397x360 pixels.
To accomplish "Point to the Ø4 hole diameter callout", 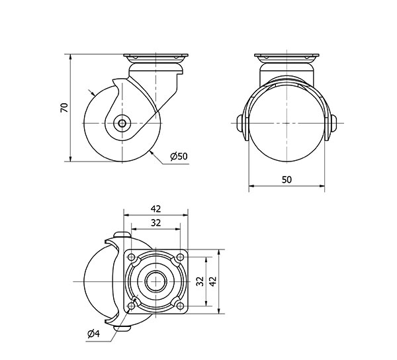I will point(93,333).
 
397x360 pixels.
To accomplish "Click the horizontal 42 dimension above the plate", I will point(156,208).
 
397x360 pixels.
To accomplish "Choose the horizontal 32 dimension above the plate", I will point(156,223).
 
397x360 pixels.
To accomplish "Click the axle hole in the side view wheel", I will point(122,123).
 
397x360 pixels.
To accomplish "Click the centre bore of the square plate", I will point(156,280).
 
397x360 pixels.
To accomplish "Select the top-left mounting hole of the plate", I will point(132,257).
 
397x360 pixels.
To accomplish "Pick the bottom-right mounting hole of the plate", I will point(180,304).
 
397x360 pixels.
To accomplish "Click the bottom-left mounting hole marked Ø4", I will point(132,304).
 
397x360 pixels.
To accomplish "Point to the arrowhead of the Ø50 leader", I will point(152,152).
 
